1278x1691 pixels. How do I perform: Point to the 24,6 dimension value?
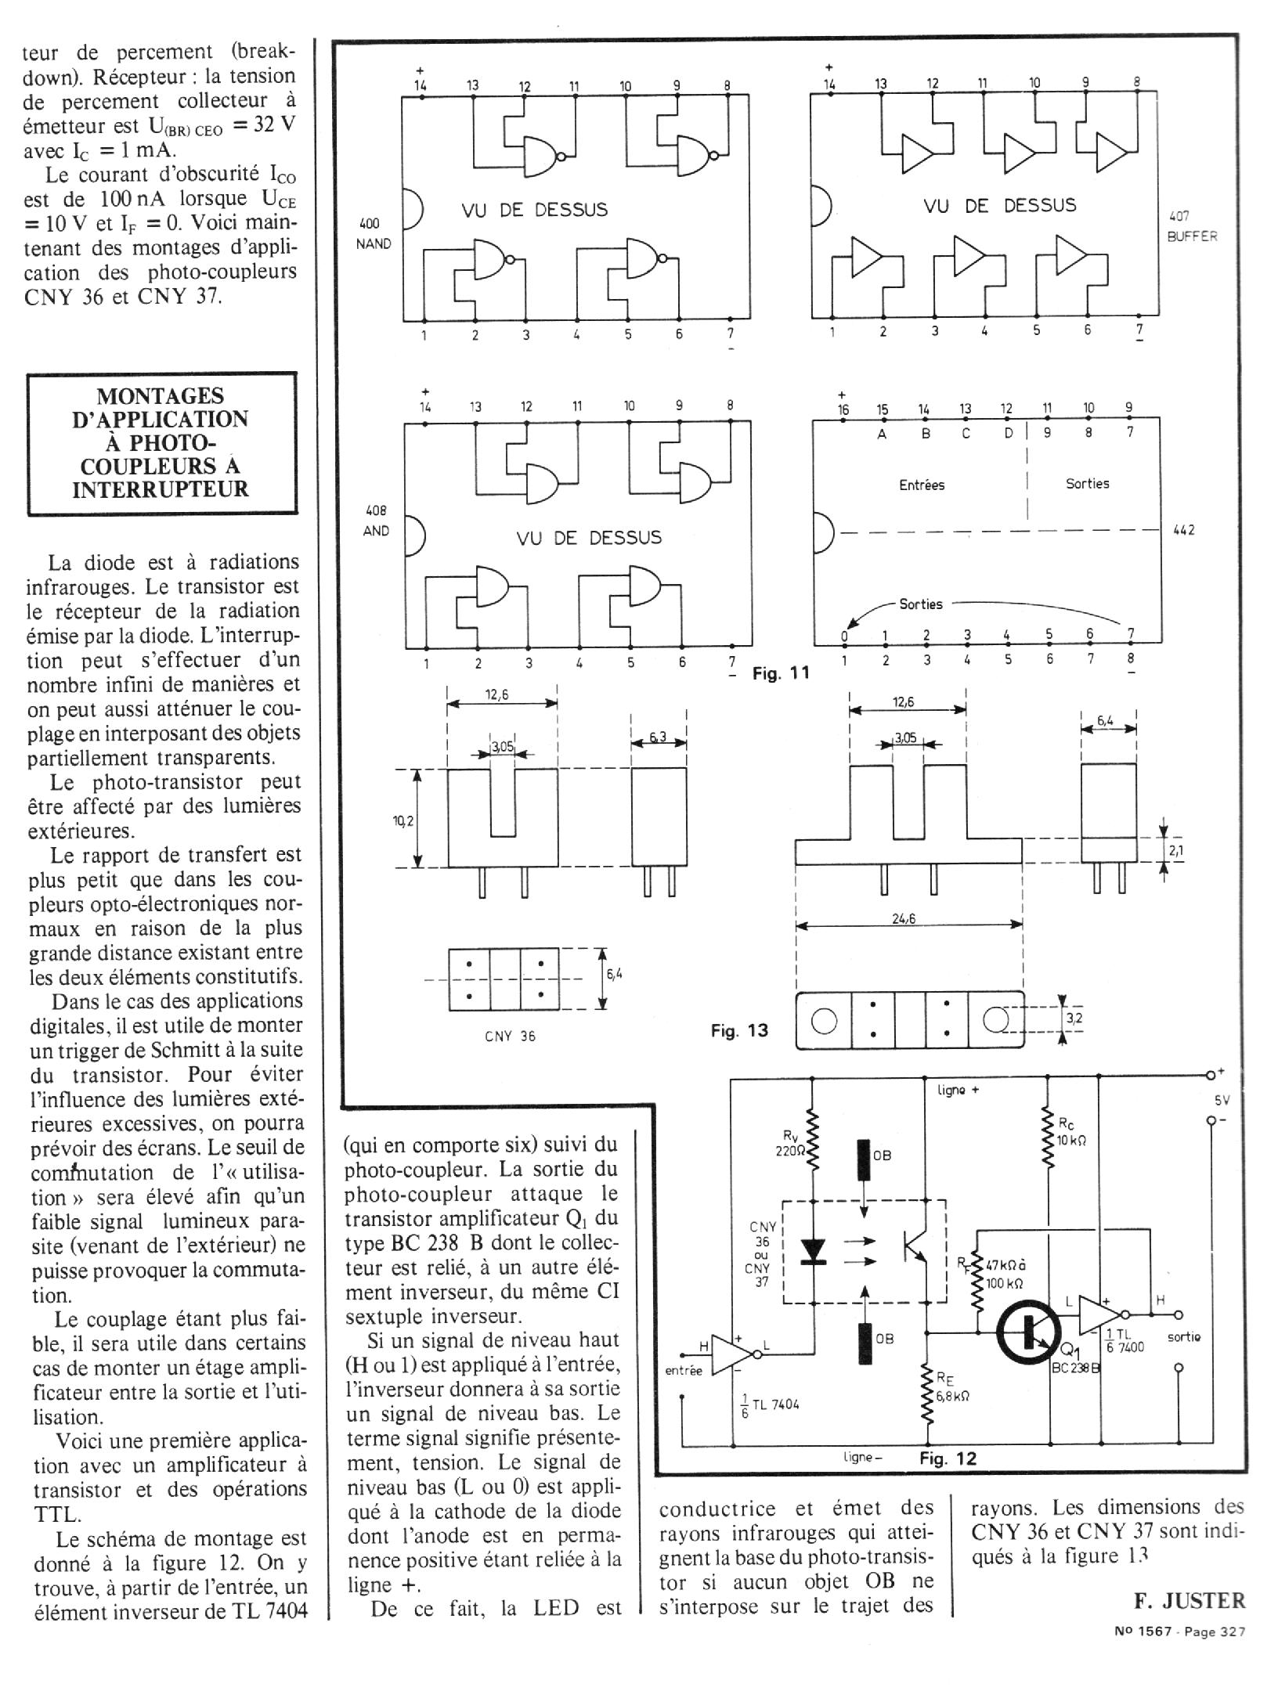904,918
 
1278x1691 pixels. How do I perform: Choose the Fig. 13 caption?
739,1030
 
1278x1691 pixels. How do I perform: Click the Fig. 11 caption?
780,672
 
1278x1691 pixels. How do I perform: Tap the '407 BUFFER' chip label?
1191,226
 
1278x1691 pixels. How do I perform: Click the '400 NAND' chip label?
374,234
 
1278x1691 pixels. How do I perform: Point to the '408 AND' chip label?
376,521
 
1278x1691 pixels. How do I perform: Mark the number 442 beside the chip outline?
1183,530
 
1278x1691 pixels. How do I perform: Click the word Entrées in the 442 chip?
921,485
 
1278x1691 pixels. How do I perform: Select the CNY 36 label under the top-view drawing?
510,1036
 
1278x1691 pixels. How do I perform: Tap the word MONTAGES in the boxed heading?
161,395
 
